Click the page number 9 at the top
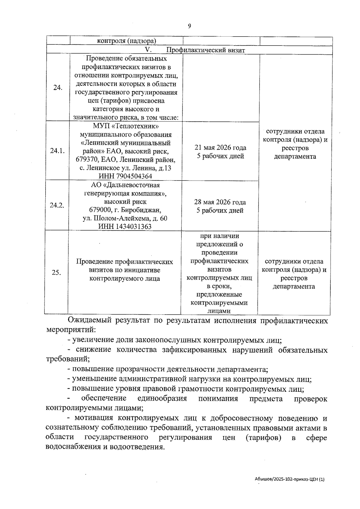pyautogui.click(x=189, y=26)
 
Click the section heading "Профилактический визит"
pyautogui.click(x=205, y=50)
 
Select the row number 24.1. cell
pyautogui.click(x=57, y=151)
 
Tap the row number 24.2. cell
pyautogui.click(x=57, y=205)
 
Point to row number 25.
pyautogui.click(x=56, y=273)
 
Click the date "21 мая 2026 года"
pyautogui.click(x=220, y=148)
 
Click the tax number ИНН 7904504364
pyautogui.click(x=125, y=176)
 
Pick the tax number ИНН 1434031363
pyautogui.click(x=125, y=226)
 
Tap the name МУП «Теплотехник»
pyautogui.click(x=125, y=126)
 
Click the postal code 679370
pyautogui.click(x=88, y=160)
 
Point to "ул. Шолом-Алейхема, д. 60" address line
pyautogui.click(x=125, y=218)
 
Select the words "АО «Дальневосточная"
pyautogui.click(x=125, y=185)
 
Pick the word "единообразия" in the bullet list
pyautogui.click(x=162, y=399)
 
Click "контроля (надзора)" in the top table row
pyautogui.click(x=126, y=41)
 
